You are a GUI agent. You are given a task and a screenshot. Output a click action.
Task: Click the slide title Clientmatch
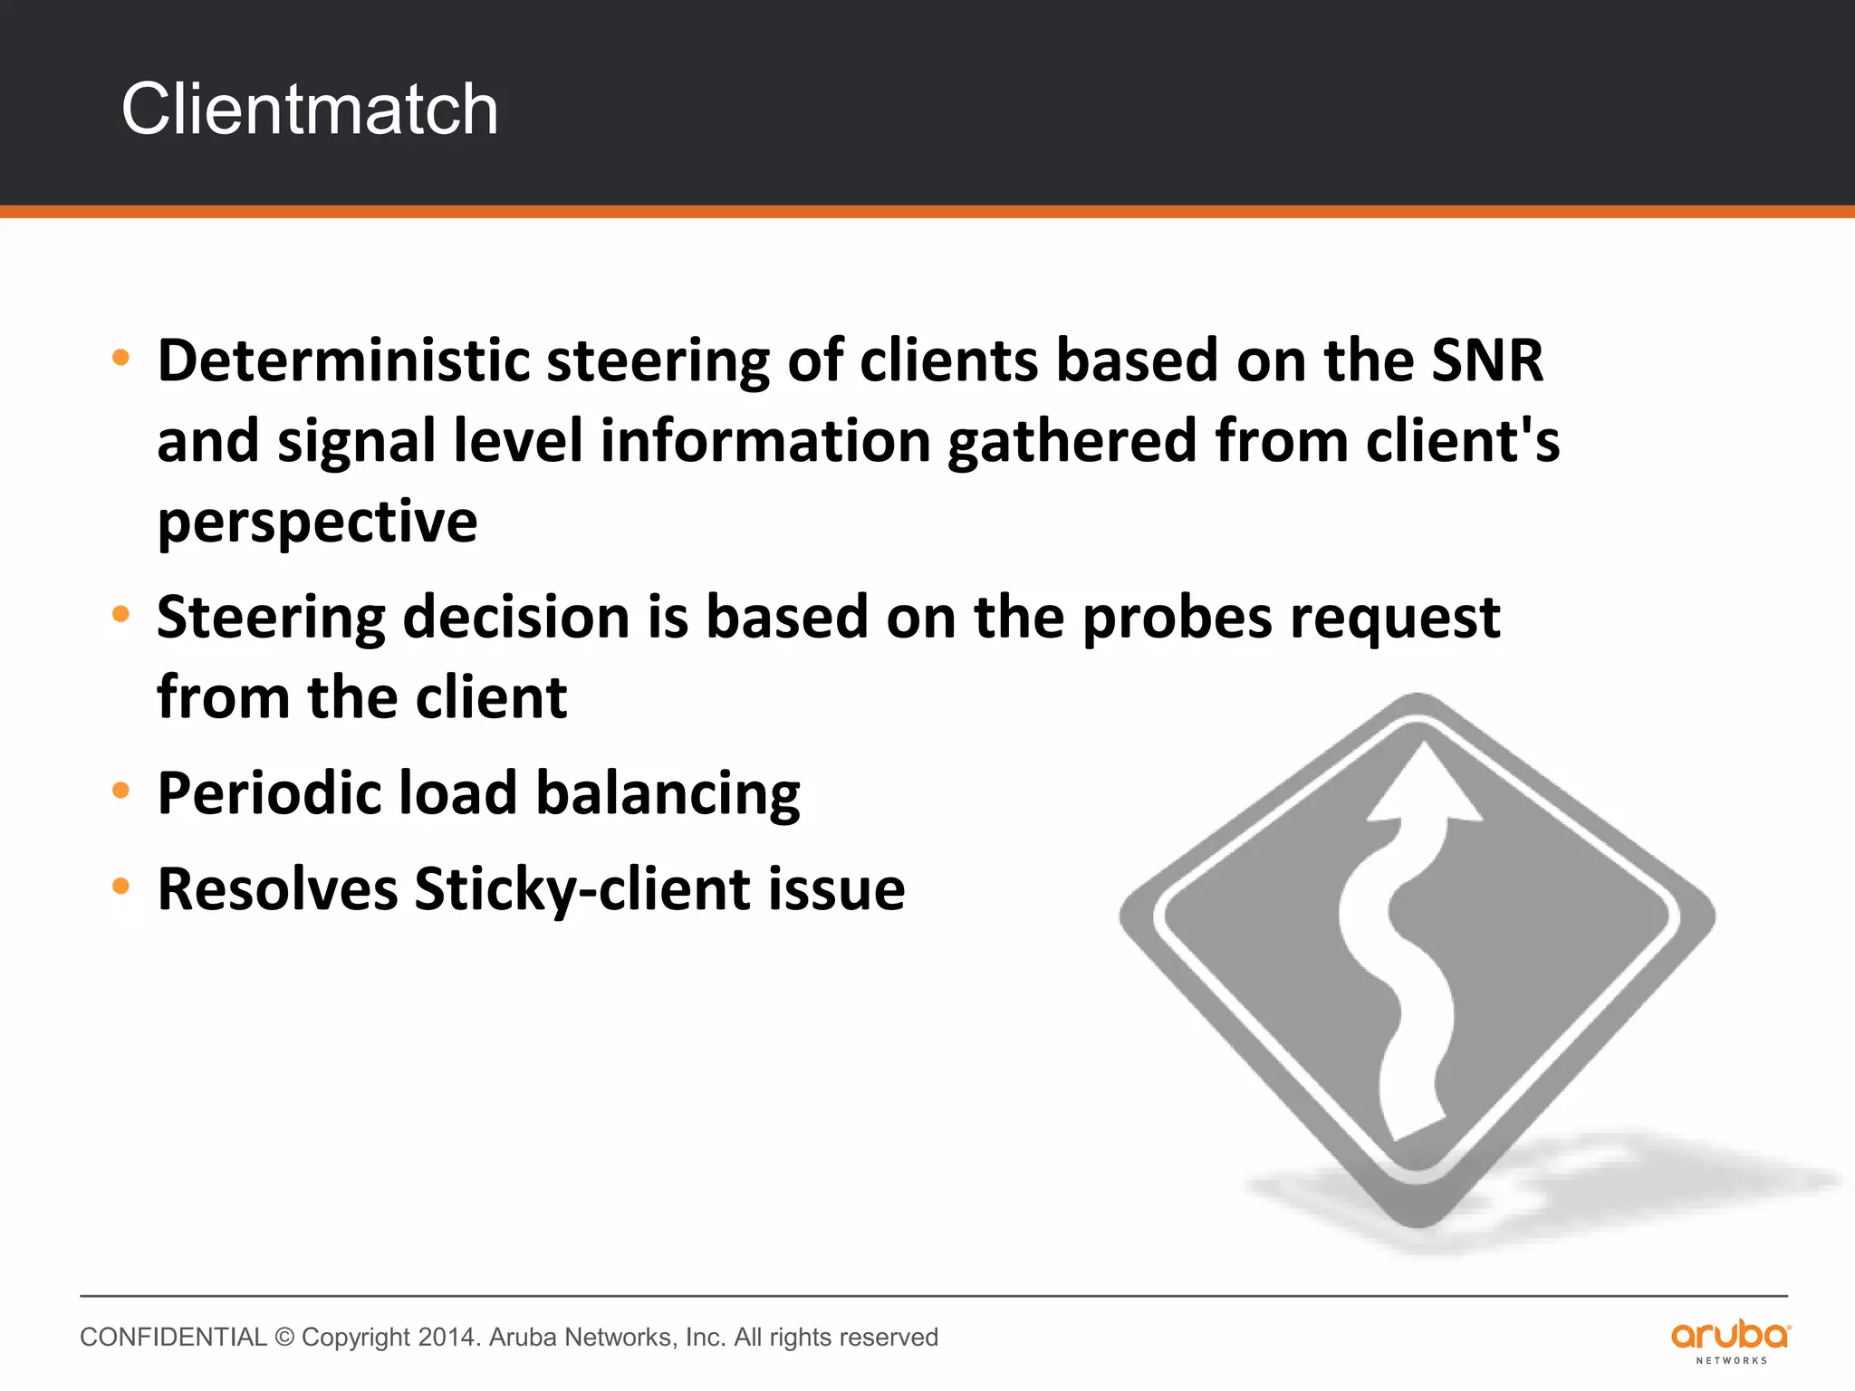tap(310, 110)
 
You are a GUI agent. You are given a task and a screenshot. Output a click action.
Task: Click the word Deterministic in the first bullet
tap(343, 360)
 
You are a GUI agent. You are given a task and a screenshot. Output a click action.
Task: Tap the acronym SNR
tap(1487, 360)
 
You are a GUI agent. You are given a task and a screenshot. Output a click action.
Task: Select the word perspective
tap(317, 523)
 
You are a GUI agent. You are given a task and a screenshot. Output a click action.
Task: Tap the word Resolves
tap(277, 888)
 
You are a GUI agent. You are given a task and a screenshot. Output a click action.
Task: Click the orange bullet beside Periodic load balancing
tap(120, 791)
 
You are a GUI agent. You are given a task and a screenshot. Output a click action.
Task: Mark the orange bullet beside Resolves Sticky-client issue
tap(120, 886)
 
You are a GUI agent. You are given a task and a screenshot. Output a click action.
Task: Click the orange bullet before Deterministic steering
tap(120, 358)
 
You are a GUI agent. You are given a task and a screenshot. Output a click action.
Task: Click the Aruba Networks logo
tap(1730, 1340)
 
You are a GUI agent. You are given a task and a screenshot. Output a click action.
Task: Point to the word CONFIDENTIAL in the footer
tap(173, 1338)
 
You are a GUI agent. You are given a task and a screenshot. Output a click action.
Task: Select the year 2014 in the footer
tap(448, 1338)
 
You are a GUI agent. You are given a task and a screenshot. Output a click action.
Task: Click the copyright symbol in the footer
tap(284, 1338)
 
